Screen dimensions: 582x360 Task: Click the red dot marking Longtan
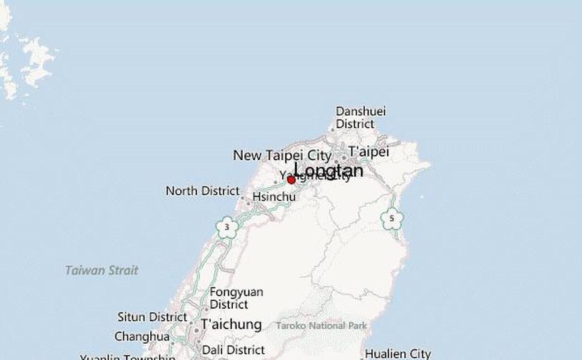(x=291, y=180)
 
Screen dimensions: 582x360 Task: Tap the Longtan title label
(x=328, y=170)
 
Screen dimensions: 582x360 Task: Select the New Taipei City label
(x=282, y=155)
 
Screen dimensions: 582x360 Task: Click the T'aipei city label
(x=369, y=152)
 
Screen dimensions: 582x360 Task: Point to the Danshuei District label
(x=360, y=118)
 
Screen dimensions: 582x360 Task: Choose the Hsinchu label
(x=273, y=197)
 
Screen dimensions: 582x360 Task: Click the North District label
(x=202, y=191)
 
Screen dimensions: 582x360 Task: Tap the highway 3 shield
(x=227, y=227)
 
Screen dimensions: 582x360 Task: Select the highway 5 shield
(x=392, y=219)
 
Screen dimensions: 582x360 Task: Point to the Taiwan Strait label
(x=101, y=270)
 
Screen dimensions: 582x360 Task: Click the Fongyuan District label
(x=236, y=298)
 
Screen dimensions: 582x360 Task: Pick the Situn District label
(x=152, y=317)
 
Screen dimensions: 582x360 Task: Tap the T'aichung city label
(x=231, y=324)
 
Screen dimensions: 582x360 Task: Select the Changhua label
(x=141, y=337)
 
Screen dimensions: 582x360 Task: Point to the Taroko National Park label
(x=321, y=326)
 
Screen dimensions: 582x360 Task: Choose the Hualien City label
(x=397, y=354)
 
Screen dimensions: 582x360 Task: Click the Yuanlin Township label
(x=128, y=357)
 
